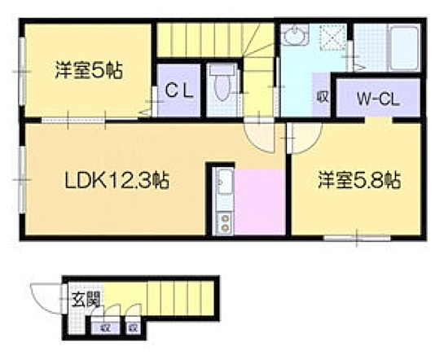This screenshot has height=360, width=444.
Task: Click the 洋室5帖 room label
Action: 89,71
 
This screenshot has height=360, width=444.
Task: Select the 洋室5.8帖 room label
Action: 359,180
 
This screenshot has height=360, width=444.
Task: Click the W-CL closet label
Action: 378,99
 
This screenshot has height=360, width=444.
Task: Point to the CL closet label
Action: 179,91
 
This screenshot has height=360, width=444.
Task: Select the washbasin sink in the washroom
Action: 296,35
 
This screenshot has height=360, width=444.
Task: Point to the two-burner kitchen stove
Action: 225,223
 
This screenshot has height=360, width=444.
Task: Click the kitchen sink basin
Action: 225,182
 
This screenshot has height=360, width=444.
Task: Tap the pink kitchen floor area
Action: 259,202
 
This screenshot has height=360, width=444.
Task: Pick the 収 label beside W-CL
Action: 322,97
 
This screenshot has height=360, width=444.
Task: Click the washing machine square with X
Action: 333,37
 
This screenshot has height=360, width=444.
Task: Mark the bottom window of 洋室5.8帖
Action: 357,238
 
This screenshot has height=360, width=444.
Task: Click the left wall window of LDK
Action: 22,180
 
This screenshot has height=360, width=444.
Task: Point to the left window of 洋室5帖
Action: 22,72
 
